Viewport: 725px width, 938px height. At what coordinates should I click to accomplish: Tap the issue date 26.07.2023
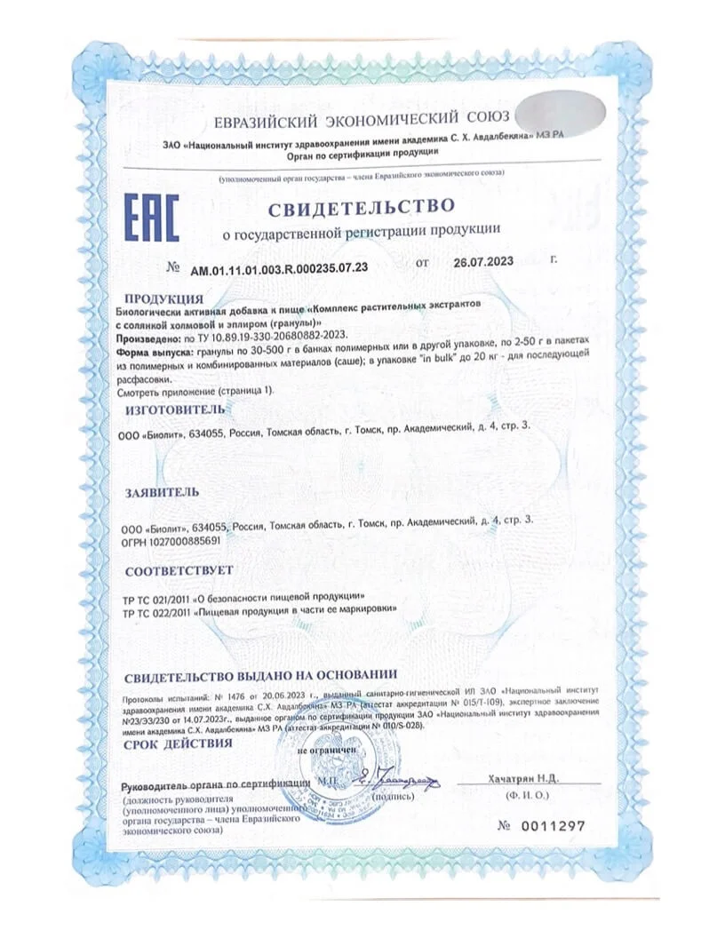(484, 264)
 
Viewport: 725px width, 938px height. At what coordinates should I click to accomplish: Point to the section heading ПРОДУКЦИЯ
(163, 298)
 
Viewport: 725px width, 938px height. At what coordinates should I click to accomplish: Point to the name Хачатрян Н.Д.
(522, 778)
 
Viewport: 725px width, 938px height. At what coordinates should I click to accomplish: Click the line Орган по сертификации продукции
(361, 153)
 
